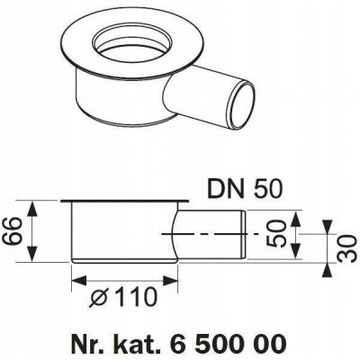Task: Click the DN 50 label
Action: click(x=245, y=188)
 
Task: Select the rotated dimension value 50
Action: click(x=275, y=234)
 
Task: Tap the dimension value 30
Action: click(x=349, y=248)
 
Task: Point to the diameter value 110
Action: click(x=134, y=297)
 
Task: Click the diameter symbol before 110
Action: click(x=99, y=298)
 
